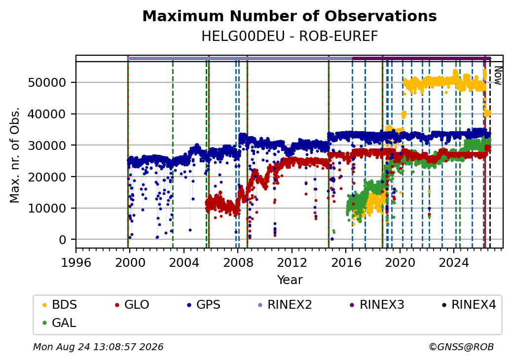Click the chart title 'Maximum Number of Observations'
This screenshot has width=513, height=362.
tap(290, 16)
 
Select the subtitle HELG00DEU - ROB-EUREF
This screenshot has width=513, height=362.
tap(290, 36)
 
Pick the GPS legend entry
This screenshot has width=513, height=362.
tap(204, 305)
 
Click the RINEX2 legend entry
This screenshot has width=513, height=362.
tap(285, 305)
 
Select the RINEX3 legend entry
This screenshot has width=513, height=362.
tap(377, 305)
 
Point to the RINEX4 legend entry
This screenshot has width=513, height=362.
tap(469, 305)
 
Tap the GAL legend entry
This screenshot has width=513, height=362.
tap(59, 323)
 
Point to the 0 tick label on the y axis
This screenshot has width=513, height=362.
tap(63, 240)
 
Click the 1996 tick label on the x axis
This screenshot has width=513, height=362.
tap(76, 262)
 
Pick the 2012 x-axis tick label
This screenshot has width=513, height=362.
tap(292, 262)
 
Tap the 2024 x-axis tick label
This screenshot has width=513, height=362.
tap(454, 262)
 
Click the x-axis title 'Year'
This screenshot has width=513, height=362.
tap(290, 280)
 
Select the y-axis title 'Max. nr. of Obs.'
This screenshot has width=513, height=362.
tap(15, 155)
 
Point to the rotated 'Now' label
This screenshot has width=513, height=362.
tap(498, 75)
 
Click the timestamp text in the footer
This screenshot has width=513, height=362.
tap(98, 347)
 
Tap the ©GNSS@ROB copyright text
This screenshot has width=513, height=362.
tap(461, 347)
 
